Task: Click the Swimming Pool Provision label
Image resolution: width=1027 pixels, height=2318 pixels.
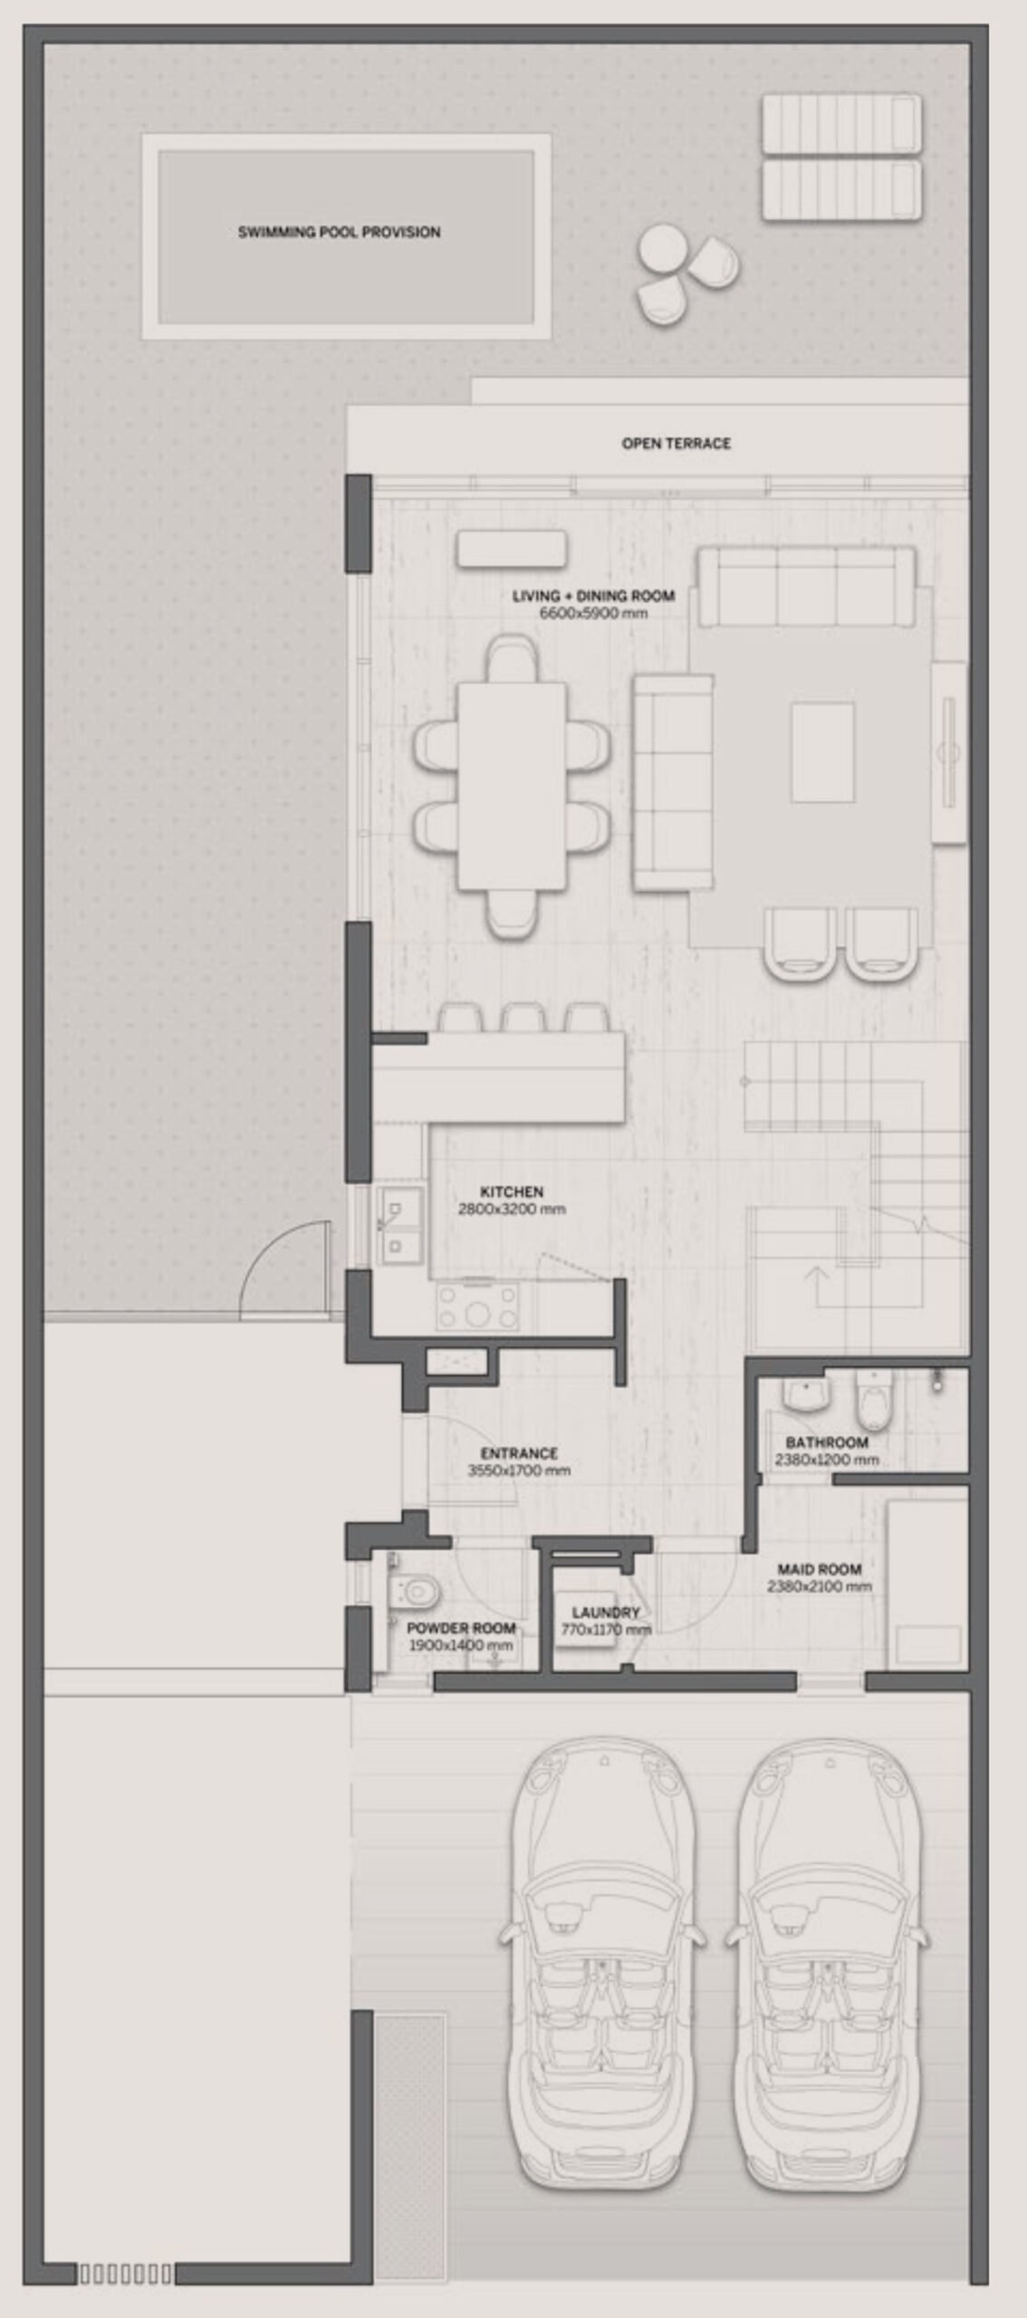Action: pos(339,232)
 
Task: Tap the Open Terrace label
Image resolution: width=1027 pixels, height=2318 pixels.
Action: pos(676,443)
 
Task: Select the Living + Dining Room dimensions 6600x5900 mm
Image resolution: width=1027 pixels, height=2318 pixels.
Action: pos(593,613)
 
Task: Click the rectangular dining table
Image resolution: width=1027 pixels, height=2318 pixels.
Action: pos(513,786)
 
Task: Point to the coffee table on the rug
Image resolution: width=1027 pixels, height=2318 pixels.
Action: pos(822,752)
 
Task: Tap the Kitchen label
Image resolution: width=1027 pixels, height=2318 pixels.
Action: pos(512,1192)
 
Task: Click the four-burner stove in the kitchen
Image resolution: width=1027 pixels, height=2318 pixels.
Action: pos(477,1307)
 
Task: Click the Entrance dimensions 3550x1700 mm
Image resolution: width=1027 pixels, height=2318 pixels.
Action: pos(519,1470)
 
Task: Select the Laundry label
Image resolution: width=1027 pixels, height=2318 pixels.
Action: pos(606,1613)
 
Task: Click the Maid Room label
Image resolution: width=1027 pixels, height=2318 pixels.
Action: pos(820,1569)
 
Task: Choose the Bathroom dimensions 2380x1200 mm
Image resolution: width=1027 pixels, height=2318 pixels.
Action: pos(826,1460)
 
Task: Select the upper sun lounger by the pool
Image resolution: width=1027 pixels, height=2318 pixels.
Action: pos(841,125)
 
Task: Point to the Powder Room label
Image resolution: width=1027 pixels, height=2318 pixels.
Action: pos(461,1628)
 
